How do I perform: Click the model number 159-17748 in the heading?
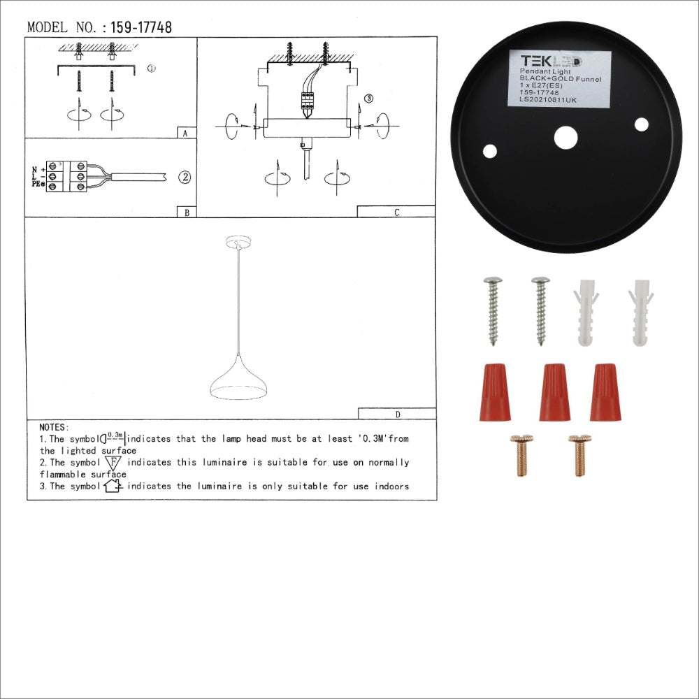(x=141, y=28)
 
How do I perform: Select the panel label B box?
(x=185, y=212)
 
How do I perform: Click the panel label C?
(x=396, y=212)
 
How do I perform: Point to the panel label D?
(x=397, y=414)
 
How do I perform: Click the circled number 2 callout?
(x=184, y=177)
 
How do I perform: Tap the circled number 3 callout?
(x=369, y=99)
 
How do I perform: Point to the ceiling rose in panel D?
(x=238, y=243)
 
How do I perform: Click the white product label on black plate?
(x=559, y=78)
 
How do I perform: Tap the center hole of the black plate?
(x=565, y=137)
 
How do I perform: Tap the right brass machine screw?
(x=579, y=455)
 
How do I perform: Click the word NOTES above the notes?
(x=54, y=427)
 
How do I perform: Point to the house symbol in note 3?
(x=113, y=485)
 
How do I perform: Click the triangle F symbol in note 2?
(x=113, y=462)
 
